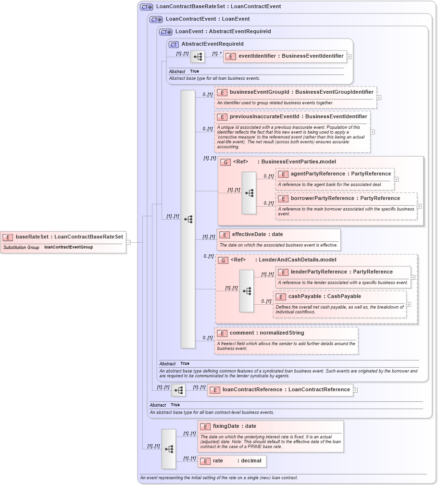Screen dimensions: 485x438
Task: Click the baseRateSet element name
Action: [x=69, y=236]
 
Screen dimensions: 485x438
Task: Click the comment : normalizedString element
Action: [x=267, y=333]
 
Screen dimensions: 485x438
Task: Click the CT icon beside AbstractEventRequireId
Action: [x=174, y=44]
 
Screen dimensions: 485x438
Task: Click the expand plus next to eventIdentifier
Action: [x=349, y=56]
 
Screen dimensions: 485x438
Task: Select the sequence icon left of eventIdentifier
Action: [x=198, y=57]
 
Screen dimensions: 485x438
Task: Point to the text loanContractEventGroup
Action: [x=68, y=247]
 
